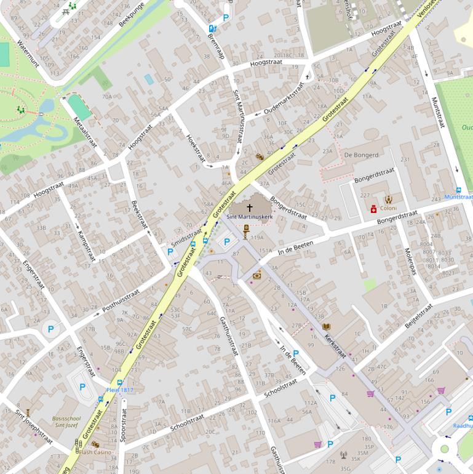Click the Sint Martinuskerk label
coord(249,217)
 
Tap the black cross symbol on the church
coord(249,208)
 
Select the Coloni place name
coord(388,208)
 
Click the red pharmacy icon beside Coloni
coord(373,209)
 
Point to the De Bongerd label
coord(361,155)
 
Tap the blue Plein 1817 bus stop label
coord(119,390)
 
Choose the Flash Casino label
coord(95,452)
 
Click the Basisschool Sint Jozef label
coord(66,421)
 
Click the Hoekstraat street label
coord(195,148)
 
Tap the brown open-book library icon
coord(326,326)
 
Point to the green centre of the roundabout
coord(444,449)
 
